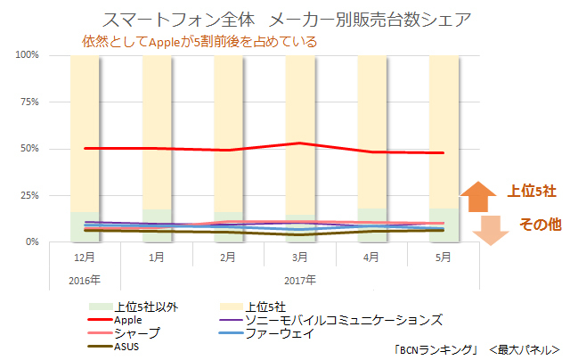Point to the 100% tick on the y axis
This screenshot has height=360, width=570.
tap(27, 55)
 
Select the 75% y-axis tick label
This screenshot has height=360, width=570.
tap(28, 102)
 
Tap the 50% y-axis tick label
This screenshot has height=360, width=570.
tap(28, 148)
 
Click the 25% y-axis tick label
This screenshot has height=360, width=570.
tap(28, 195)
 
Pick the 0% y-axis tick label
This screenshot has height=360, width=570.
tap(31, 241)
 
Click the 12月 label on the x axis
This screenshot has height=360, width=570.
tap(84, 258)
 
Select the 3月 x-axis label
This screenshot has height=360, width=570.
tap(300, 258)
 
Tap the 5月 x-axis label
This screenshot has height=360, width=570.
tap(444, 258)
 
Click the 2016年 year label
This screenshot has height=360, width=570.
tap(84, 278)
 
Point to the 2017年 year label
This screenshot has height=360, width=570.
tap(300, 278)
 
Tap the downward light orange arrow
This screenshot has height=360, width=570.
tap(476, 231)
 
